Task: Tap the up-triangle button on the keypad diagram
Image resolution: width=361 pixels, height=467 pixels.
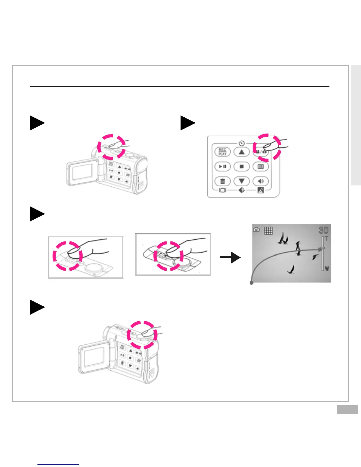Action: [242, 152]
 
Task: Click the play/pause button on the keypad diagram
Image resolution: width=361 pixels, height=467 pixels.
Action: [223, 167]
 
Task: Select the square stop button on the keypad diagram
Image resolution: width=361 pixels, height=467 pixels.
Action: [242, 167]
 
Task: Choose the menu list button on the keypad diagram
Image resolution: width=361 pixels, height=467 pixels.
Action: [261, 167]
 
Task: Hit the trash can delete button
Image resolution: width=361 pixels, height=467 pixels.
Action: [223, 181]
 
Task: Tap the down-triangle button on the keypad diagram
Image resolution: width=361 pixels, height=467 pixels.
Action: [242, 181]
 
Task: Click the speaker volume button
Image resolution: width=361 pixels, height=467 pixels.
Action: [261, 181]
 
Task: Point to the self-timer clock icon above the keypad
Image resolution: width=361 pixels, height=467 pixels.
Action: [242, 144]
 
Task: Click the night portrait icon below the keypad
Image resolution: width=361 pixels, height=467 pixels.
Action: [261, 190]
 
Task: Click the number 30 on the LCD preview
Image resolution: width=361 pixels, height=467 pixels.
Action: [324, 230]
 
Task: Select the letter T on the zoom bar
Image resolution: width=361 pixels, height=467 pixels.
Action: [326, 239]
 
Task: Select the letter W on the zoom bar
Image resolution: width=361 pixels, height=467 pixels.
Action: [327, 269]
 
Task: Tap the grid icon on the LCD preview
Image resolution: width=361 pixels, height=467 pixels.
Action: [268, 231]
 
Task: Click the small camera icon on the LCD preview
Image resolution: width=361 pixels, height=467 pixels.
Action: [256, 229]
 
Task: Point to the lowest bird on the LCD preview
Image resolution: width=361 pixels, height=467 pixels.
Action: [291, 269]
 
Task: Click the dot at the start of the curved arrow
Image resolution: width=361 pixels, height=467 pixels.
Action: [251, 283]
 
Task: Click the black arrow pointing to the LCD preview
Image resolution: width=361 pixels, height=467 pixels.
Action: [230, 257]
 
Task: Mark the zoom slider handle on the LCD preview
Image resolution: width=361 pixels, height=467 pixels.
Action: [323, 249]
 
